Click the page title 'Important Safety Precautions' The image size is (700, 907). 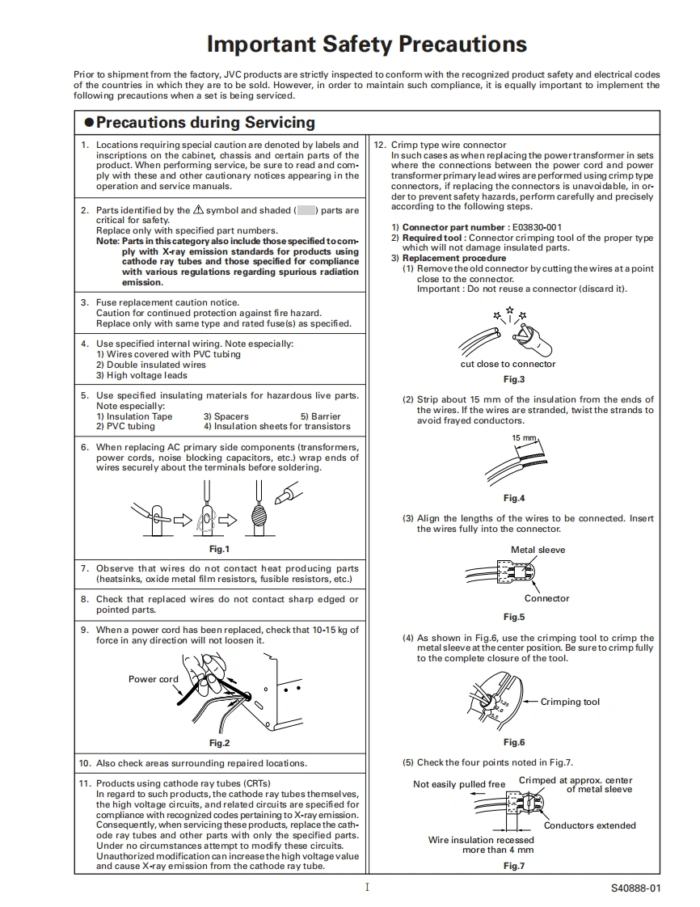[x=367, y=44]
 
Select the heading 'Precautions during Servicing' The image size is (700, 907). [x=205, y=123]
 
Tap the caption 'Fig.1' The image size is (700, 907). [x=220, y=550]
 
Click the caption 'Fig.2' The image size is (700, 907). [x=220, y=743]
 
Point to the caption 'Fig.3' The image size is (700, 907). [x=514, y=379]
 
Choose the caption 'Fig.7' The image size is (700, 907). [x=514, y=866]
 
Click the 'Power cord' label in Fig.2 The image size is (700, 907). [x=154, y=679]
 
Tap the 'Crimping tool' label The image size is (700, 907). [x=570, y=702]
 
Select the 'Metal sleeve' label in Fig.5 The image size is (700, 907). [x=538, y=550]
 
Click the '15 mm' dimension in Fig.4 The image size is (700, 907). [x=524, y=438]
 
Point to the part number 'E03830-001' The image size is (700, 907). [x=537, y=227]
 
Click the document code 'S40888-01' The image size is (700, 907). [x=635, y=888]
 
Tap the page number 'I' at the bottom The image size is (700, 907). [x=367, y=887]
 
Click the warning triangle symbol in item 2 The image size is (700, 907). [x=199, y=210]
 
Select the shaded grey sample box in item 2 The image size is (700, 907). [x=306, y=210]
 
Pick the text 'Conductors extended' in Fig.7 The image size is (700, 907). [x=589, y=825]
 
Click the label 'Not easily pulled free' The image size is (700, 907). [x=459, y=784]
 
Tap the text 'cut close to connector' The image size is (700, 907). [x=508, y=364]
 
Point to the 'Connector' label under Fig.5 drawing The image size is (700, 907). [x=546, y=598]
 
